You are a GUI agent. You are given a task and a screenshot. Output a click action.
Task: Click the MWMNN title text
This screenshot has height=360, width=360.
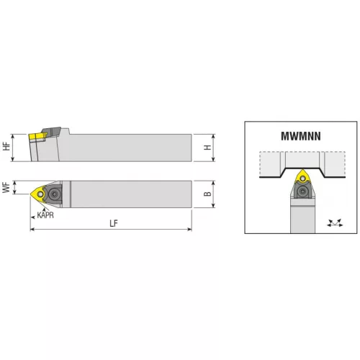pos(301,136)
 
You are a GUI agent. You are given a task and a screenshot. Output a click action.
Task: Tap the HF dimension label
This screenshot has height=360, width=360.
pos(6,146)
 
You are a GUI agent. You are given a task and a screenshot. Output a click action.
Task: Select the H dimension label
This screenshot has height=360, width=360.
pos(207,148)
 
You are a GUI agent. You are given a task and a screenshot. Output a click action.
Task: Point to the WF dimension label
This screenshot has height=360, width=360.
pos(6,187)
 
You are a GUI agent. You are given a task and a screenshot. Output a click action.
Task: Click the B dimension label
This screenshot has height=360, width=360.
pos(207,194)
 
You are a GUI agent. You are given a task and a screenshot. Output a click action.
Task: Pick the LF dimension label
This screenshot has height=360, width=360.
pos(114,223)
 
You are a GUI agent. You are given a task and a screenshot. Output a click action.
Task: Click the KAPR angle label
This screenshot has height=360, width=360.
pos(45,215)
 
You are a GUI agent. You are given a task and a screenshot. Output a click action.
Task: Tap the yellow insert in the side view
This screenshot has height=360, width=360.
pos(37,136)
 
